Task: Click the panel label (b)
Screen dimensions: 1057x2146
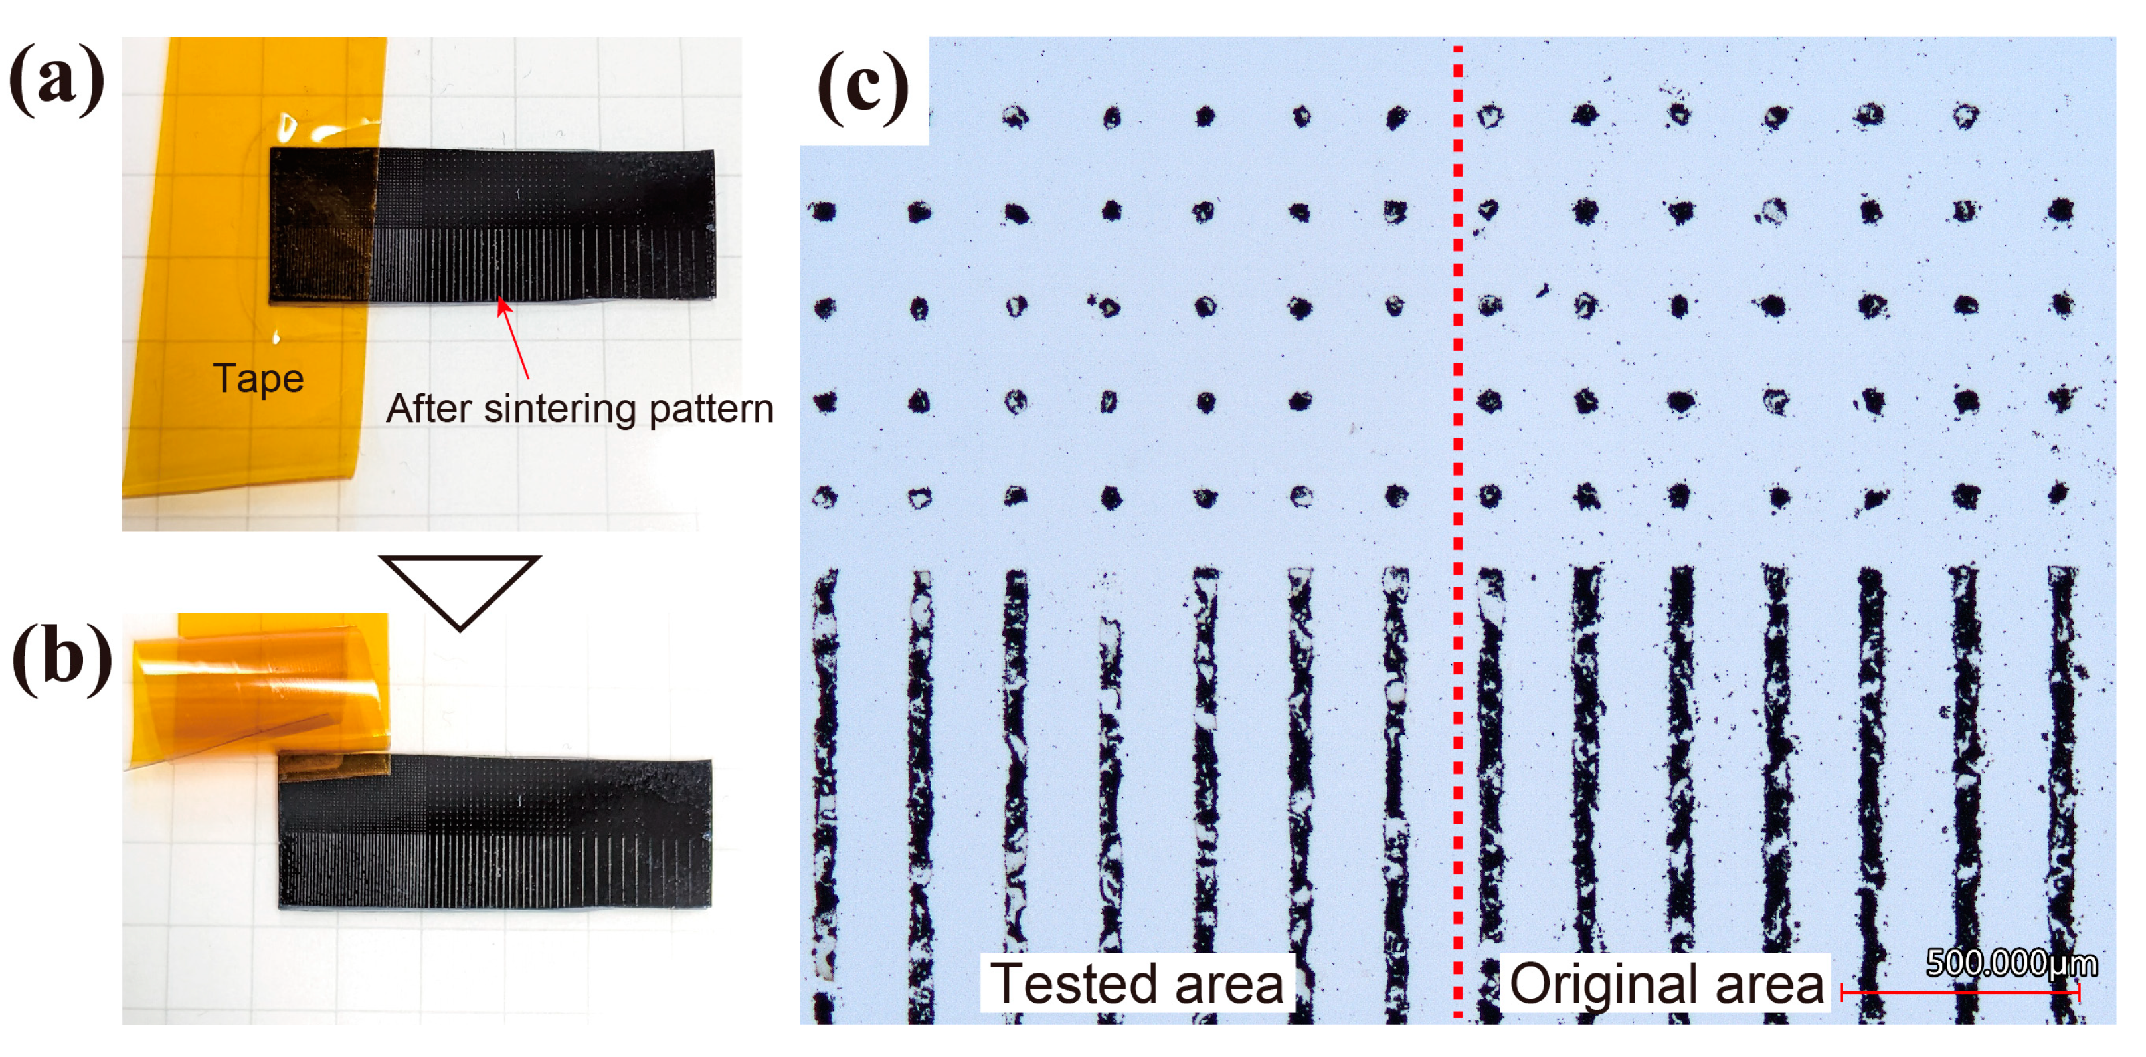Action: [x=62, y=657]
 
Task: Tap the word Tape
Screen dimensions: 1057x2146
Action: [x=258, y=379]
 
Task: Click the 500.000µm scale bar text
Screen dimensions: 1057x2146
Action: [x=2011, y=963]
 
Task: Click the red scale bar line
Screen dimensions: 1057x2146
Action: [x=1960, y=992]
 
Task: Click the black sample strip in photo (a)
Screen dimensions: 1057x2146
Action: [x=541, y=225]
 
